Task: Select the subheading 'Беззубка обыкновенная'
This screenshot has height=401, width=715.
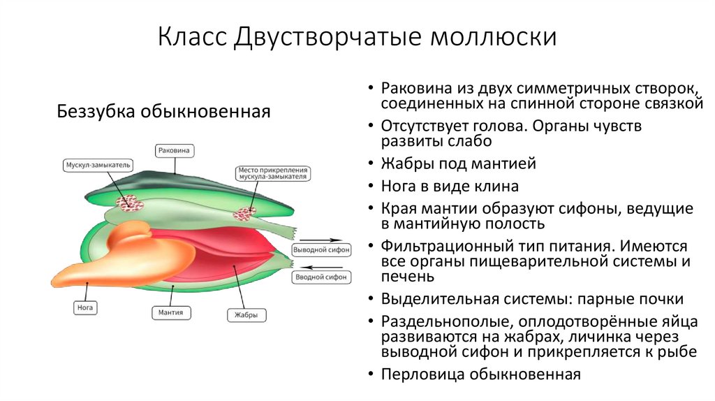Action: (163, 111)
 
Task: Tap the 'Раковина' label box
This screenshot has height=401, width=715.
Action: (175, 150)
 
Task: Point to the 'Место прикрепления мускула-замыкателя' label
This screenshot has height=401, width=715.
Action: (273, 173)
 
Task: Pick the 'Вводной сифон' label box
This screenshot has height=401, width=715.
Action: (320, 277)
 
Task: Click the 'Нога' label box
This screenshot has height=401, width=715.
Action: (84, 307)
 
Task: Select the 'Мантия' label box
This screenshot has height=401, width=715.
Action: (170, 312)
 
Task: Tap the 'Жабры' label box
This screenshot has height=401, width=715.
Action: (246, 315)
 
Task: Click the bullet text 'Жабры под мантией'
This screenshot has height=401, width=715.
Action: (458, 165)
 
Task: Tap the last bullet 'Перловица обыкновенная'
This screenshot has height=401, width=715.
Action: (481, 374)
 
